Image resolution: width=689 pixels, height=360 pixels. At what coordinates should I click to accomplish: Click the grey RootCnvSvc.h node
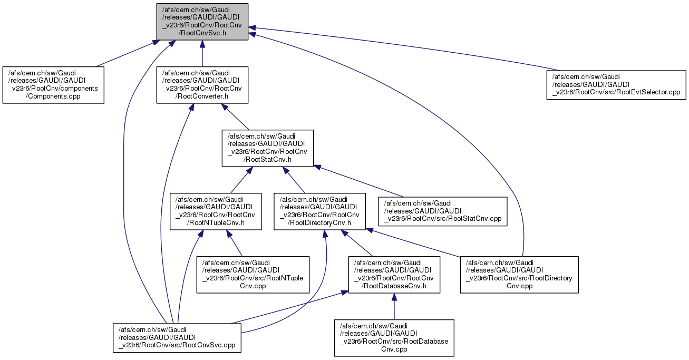click(201, 21)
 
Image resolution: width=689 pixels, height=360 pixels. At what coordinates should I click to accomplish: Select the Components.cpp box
click(53, 84)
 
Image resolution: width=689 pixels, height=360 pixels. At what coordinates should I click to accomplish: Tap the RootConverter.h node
click(201, 84)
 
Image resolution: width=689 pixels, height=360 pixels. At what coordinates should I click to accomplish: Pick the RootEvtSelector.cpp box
click(615, 84)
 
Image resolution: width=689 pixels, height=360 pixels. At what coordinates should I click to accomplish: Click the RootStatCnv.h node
click(267, 148)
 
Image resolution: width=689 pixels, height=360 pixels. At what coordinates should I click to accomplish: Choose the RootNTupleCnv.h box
click(216, 211)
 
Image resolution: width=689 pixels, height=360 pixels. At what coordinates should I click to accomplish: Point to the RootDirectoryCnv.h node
click(320, 211)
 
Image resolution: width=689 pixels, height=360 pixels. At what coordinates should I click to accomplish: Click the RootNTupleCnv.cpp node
click(253, 275)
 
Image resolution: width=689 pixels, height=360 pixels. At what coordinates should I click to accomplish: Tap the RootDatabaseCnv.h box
click(394, 275)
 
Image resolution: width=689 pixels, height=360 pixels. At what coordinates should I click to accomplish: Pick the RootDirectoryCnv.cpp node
click(519, 275)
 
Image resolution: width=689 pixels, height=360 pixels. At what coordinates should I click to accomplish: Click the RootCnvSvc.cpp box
click(177, 337)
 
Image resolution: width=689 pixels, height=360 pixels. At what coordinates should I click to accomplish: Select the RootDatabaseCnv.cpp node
click(394, 337)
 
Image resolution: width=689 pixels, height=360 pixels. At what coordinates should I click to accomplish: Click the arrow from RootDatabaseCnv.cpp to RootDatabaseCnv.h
click(394, 306)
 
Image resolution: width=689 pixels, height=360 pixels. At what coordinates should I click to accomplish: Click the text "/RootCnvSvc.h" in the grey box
click(202, 33)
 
